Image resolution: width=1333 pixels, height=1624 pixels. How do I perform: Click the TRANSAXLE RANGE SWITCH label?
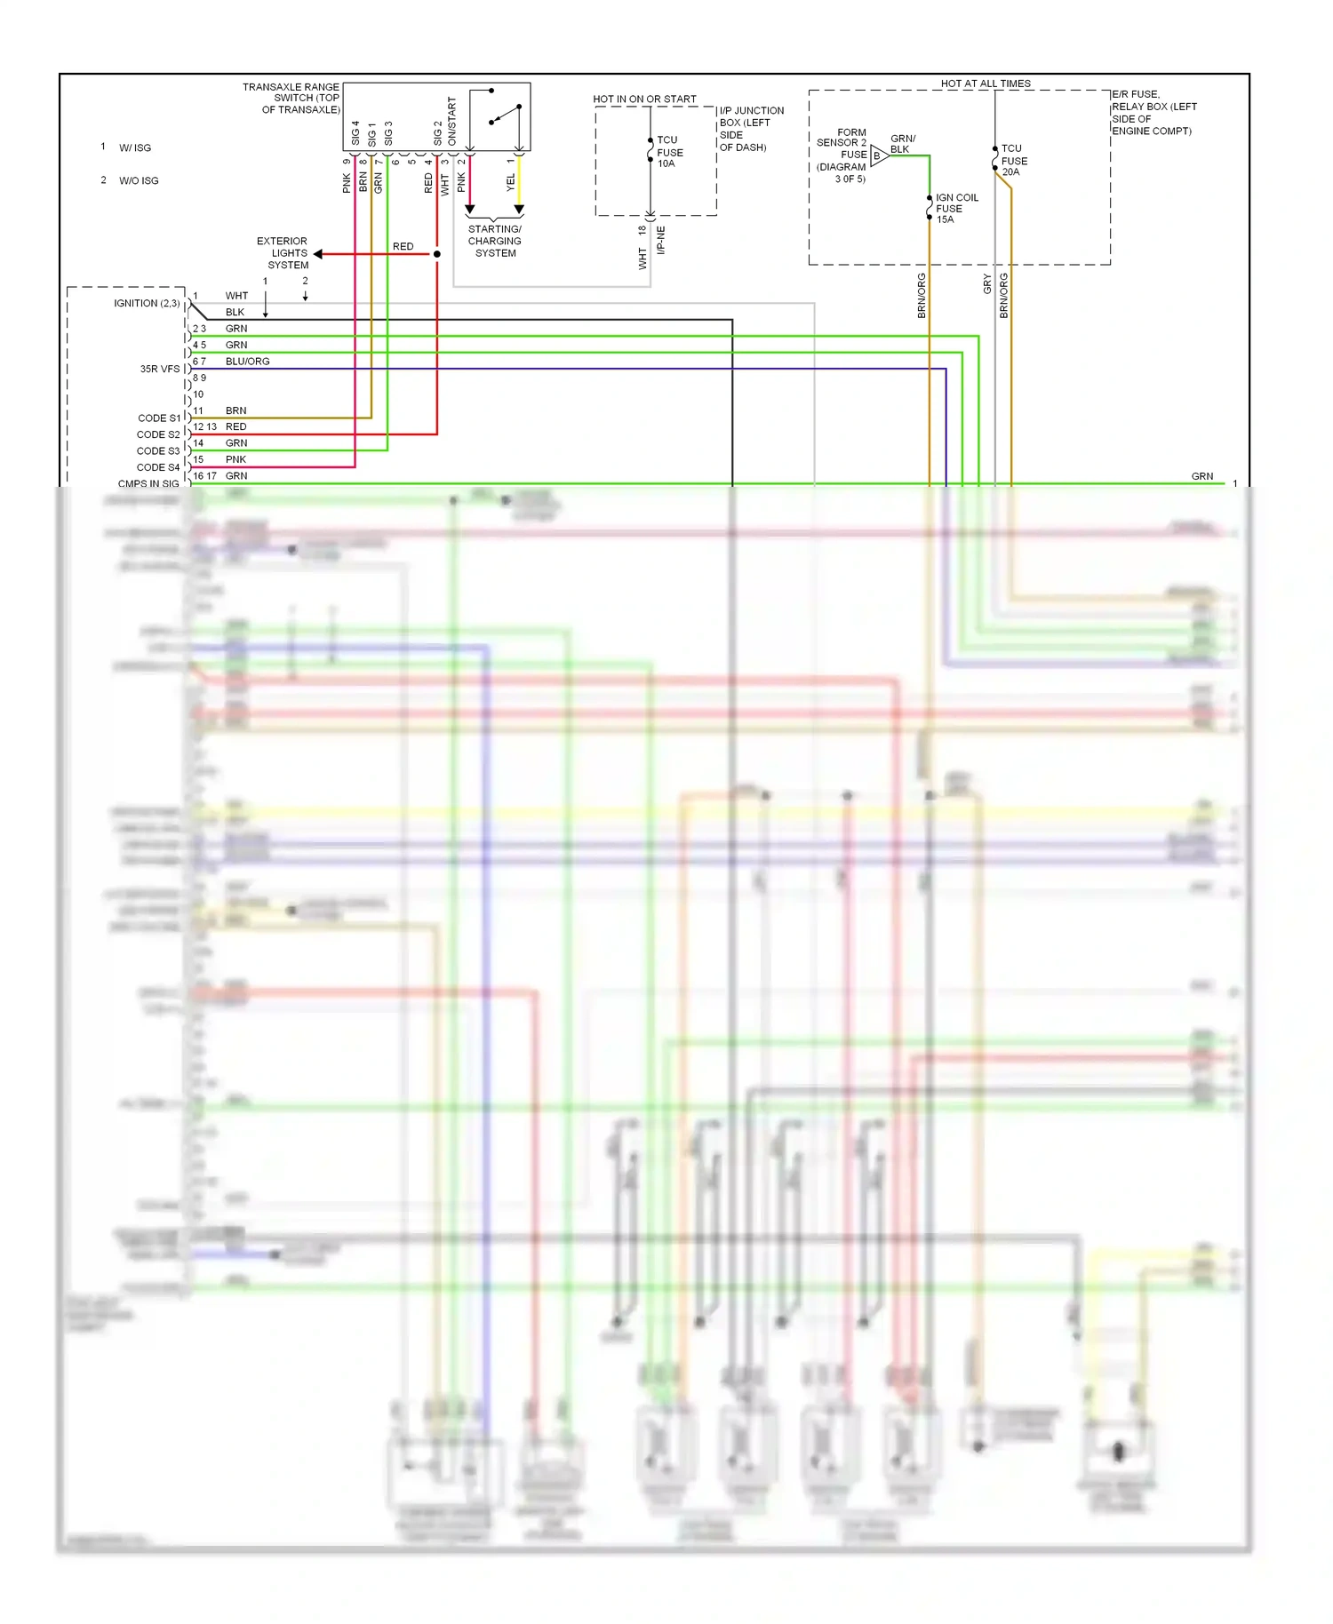(291, 99)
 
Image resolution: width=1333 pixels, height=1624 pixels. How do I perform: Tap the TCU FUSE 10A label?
(669, 152)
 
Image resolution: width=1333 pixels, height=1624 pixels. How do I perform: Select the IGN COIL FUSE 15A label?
(956, 209)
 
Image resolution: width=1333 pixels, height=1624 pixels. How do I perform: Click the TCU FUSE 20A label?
(1013, 161)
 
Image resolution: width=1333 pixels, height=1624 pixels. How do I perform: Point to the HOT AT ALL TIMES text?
(986, 84)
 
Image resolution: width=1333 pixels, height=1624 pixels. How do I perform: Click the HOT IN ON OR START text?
(644, 100)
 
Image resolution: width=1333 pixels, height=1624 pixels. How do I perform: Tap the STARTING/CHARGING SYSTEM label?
(495, 241)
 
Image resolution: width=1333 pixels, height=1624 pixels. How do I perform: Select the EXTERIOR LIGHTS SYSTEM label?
(283, 253)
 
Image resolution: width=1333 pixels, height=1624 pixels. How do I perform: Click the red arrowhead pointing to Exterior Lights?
(318, 254)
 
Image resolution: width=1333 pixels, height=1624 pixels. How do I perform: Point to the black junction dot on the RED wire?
(437, 254)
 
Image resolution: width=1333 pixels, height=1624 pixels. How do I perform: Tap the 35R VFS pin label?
(160, 369)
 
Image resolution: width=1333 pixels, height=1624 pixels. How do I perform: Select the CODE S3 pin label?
(158, 451)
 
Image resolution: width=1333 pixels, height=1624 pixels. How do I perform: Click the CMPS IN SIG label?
(148, 484)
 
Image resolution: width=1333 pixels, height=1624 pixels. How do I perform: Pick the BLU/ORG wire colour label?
(247, 362)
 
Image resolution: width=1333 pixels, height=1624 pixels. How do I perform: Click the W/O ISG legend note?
(139, 181)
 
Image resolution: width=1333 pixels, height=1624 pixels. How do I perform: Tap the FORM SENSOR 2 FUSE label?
(842, 155)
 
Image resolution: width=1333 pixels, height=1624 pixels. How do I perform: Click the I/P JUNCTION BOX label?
(751, 129)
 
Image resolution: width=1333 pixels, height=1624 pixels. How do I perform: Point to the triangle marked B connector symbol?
(878, 156)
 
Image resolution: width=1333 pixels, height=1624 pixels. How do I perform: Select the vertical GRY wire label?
(987, 284)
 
